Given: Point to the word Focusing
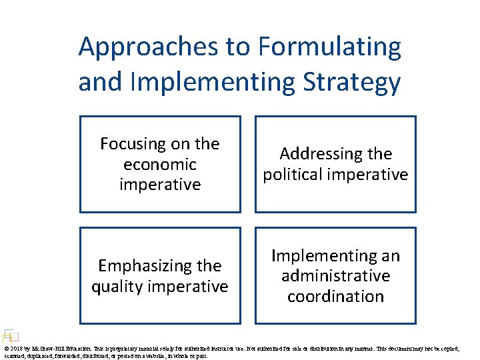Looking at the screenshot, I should [136, 143].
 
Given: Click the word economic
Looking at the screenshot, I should [160, 164].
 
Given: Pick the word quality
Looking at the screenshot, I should [120, 287].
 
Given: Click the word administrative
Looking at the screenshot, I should [335, 276].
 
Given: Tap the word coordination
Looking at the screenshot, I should [335, 297].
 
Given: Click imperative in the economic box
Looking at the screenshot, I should [160, 185].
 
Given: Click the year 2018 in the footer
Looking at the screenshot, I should [16, 349].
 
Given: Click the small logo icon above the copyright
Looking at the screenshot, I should [9, 337].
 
